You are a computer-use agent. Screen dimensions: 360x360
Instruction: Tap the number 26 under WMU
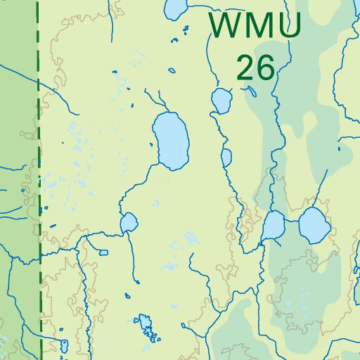[255, 67]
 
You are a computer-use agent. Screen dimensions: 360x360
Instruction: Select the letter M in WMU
[258, 26]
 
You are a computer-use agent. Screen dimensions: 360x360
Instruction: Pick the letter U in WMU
[289, 26]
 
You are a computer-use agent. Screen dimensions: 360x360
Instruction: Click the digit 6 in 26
[265, 67]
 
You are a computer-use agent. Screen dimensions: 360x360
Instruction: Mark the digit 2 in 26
[245, 67]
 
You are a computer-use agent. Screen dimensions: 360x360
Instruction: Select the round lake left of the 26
[221, 101]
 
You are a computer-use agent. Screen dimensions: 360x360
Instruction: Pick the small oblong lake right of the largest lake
[226, 157]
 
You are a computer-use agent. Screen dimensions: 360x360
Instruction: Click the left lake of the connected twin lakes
[273, 226]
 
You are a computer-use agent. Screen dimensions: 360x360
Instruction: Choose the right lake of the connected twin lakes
[313, 225]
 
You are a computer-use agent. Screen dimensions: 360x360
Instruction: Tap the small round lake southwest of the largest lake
[129, 224]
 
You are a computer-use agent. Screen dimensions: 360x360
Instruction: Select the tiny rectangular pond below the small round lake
[103, 252]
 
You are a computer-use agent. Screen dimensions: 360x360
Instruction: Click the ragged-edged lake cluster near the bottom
[146, 326]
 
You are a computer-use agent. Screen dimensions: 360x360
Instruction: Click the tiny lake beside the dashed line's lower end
[63, 345]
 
